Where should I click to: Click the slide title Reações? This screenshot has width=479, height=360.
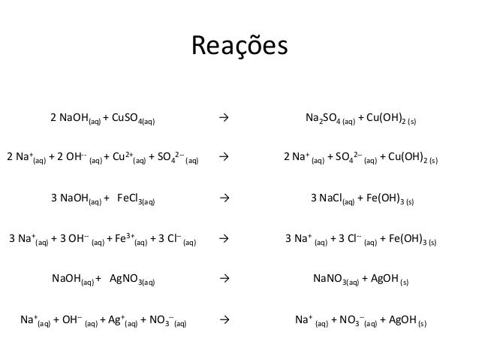coord(239,46)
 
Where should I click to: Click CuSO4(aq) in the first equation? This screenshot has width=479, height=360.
coord(137,119)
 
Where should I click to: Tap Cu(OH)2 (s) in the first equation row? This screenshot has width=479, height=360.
coord(395,119)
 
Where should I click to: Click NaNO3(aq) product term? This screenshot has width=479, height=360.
coord(335,281)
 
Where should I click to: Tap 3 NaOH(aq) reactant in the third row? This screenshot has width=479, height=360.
coord(76,200)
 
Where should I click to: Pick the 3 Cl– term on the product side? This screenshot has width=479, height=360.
coord(345,241)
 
